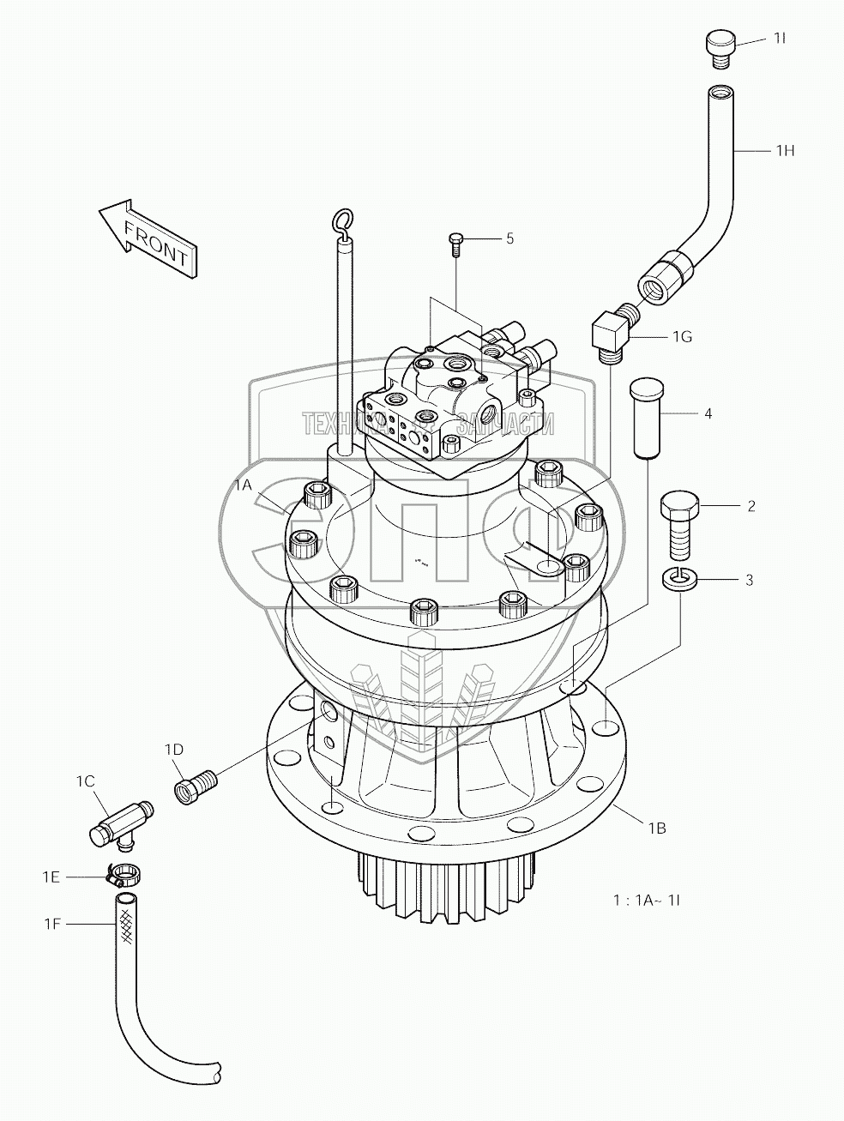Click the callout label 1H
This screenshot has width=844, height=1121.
(785, 151)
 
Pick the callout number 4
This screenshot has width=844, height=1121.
(708, 414)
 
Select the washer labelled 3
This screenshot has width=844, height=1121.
(679, 580)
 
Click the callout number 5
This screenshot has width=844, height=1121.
(509, 238)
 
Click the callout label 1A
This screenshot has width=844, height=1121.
(244, 485)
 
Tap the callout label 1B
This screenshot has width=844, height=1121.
(657, 829)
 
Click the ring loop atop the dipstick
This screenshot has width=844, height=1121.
(344, 222)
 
